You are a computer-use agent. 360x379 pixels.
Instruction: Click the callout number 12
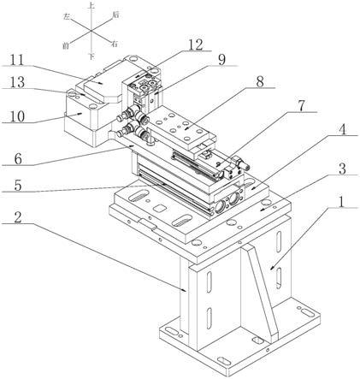tap(195, 44)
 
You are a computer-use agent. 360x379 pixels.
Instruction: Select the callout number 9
tap(221, 60)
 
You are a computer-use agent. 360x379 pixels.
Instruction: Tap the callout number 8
tap(259, 82)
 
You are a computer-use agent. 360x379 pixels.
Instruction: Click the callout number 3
tap(342, 169)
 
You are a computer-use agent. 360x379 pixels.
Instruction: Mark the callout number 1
tap(339, 202)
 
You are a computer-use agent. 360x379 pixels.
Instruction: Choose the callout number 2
tap(18, 217)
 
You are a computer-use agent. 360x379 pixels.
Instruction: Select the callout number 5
tap(18, 186)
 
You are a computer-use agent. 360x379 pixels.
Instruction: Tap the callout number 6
tap(18, 159)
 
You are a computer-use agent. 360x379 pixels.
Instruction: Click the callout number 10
tap(18, 116)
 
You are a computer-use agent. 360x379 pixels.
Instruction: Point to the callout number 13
tap(18, 83)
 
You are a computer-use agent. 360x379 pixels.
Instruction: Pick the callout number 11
tap(17, 60)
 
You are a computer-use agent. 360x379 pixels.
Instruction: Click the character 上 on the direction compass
tap(91, 5)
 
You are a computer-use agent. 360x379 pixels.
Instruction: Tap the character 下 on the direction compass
tap(91, 56)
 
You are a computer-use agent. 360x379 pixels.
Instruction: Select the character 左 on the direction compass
tap(67, 17)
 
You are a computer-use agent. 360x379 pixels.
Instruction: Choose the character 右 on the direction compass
tap(115, 44)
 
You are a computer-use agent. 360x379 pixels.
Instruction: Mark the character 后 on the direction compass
tap(115, 15)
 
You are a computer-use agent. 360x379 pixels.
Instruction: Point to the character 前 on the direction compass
tap(66, 45)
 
